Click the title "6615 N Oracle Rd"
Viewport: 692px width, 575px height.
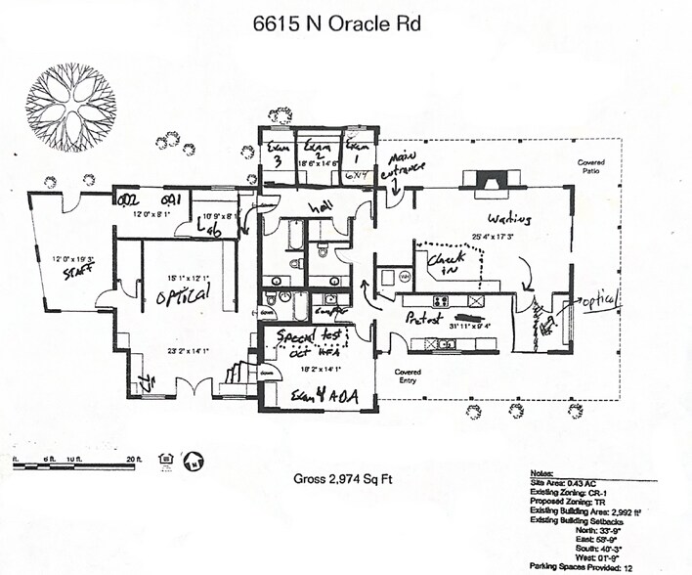coord(337,23)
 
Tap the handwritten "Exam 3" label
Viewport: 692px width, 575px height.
coord(277,155)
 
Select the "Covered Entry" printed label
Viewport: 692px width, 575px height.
coord(407,376)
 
